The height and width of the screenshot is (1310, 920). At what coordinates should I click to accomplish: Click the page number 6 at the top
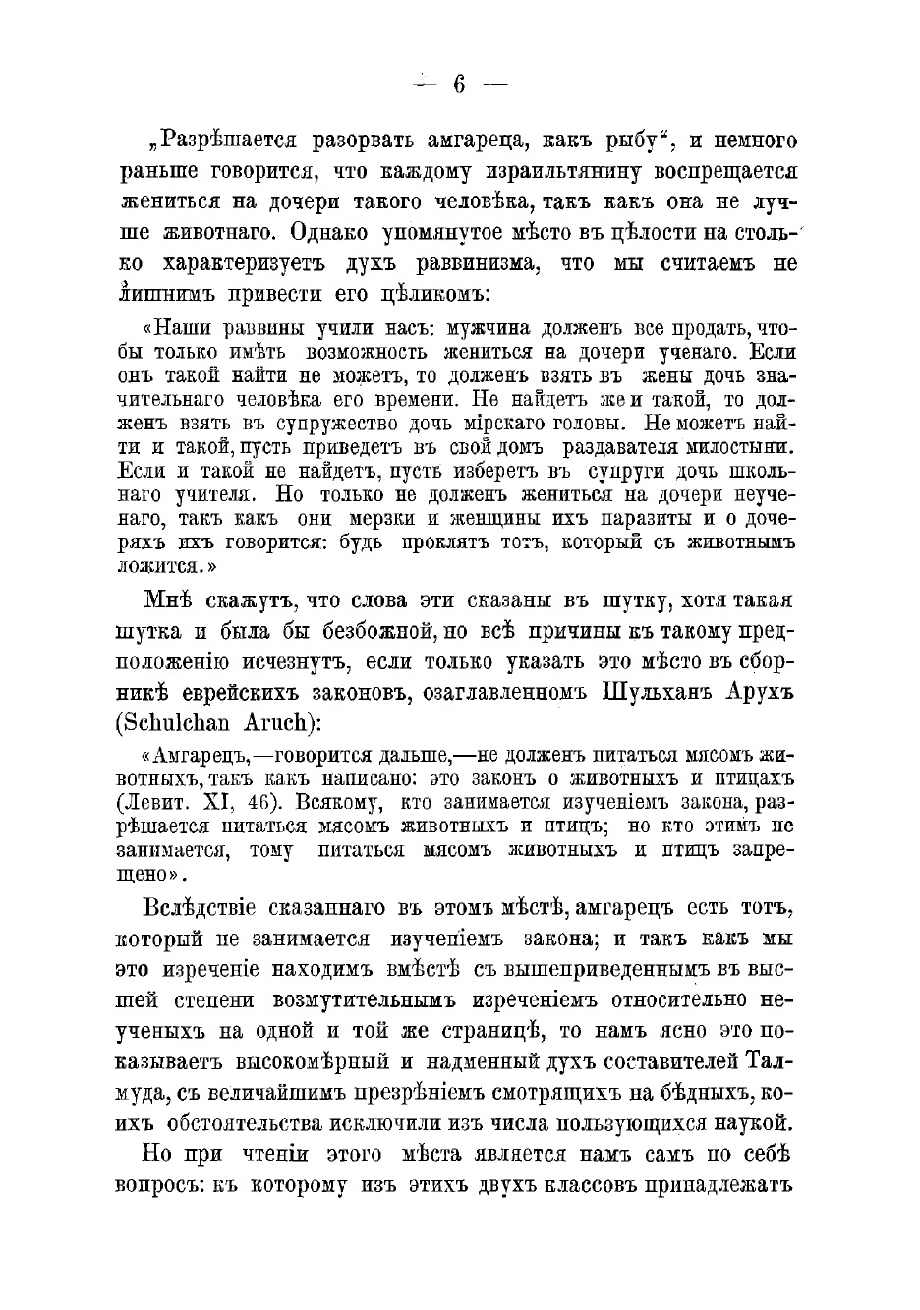coord(459,85)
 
